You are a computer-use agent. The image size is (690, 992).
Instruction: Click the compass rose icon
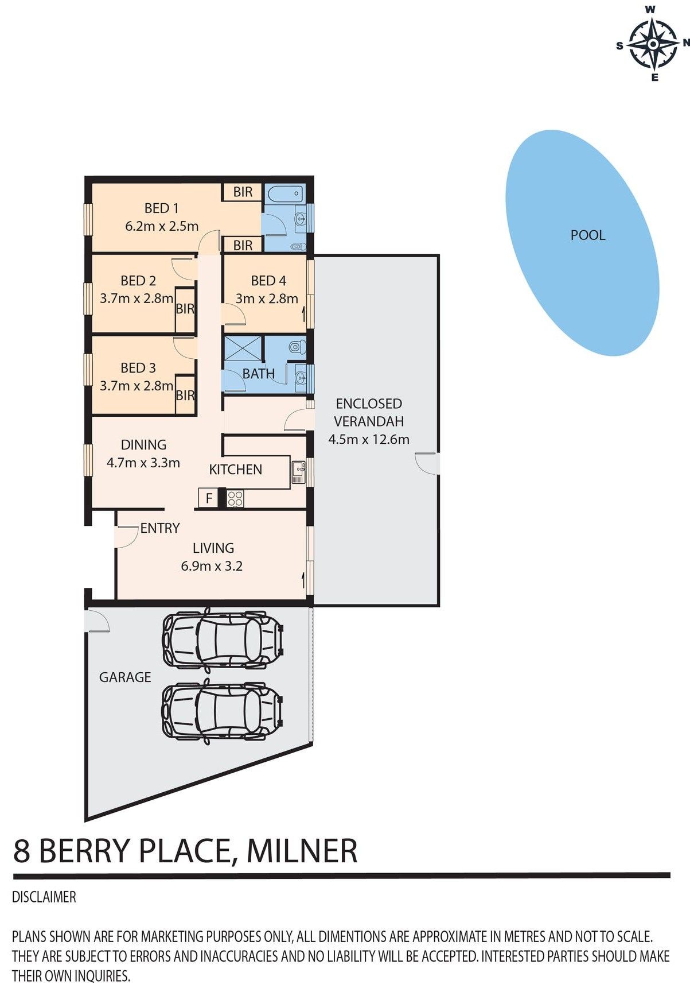[x=653, y=44]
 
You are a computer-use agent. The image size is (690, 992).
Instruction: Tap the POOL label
[x=588, y=235]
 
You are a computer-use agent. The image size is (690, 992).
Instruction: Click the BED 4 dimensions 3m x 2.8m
[x=267, y=299]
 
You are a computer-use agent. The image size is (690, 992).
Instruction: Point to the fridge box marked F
[x=209, y=498]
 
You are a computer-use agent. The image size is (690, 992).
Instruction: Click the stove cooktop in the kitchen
[x=235, y=498]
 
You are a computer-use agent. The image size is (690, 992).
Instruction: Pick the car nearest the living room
[x=223, y=640]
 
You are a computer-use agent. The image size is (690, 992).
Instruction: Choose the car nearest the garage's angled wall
[x=223, y=712]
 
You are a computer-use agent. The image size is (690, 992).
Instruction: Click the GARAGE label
[x=125, y=677]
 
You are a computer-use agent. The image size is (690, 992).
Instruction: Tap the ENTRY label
[x=160, y=528]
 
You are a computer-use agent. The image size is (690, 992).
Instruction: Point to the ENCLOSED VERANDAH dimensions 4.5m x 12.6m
[x=369, y=440]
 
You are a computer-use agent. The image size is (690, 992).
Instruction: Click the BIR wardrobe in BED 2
[x=185, y=309]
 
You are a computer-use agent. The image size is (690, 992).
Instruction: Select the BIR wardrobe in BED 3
[x=185, y=395]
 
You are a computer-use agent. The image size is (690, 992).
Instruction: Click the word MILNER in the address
[x=302, y=851]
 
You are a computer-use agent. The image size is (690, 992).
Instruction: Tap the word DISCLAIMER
[x=44, y=897]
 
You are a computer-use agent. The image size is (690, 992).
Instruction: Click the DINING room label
[x=143, y=445]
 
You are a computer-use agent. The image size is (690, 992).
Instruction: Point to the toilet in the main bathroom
[x=297, y=347]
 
